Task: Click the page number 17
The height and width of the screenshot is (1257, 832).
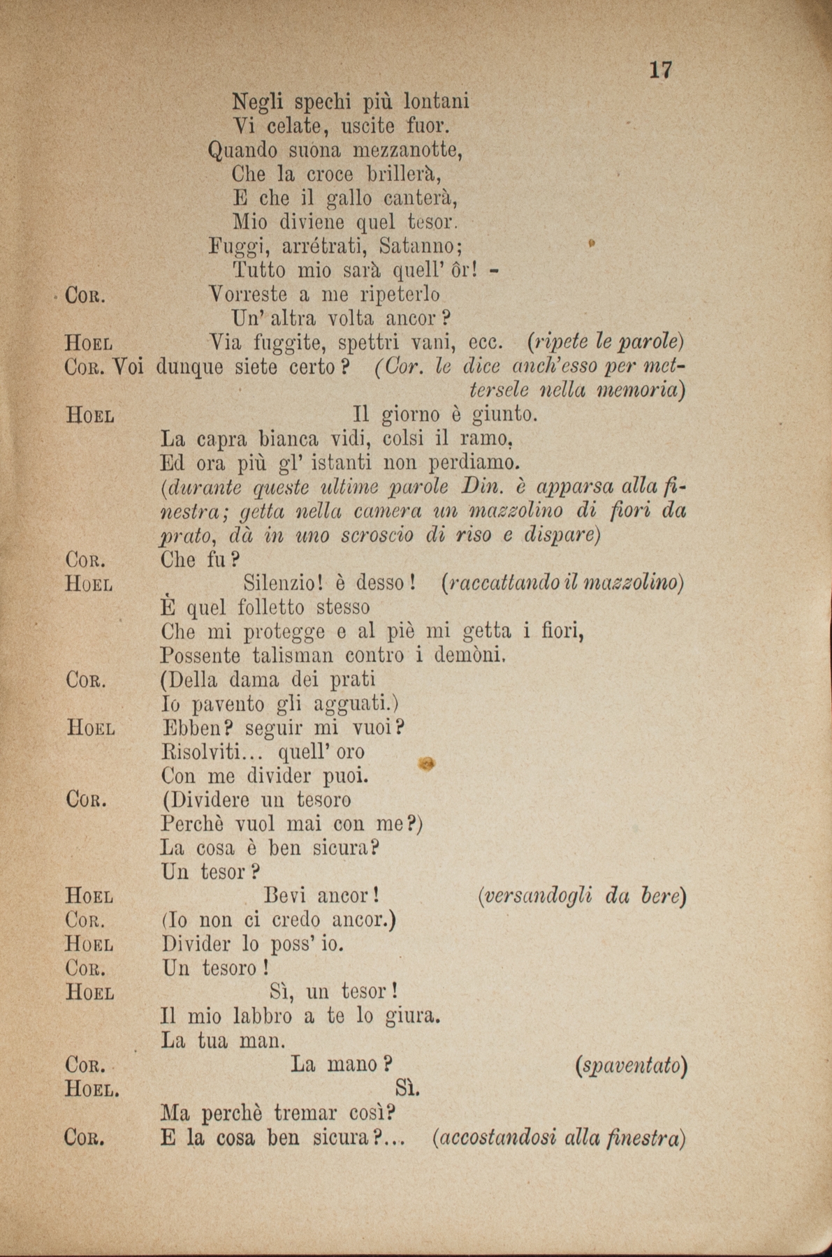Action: (x=660, y=70)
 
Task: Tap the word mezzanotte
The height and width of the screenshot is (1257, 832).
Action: (x=407, y=150)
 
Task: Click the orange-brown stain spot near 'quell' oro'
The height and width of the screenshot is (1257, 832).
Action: (x=427, y=765)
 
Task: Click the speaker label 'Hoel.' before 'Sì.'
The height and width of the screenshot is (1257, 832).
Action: (x=92, y=1089)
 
